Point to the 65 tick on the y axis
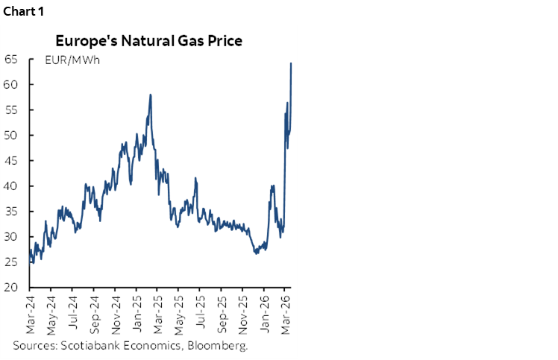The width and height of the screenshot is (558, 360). point(11,59)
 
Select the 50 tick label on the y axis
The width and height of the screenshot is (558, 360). point(11,135)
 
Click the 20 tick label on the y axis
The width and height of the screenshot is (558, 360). point(11,287)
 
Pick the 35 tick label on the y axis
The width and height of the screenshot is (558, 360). point(11,211)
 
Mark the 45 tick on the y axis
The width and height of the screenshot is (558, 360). point(11,160)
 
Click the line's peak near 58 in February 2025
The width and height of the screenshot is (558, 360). point(151,95)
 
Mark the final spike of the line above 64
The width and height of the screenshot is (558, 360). point(290,63)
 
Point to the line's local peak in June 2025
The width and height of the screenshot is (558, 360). point(195,178)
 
